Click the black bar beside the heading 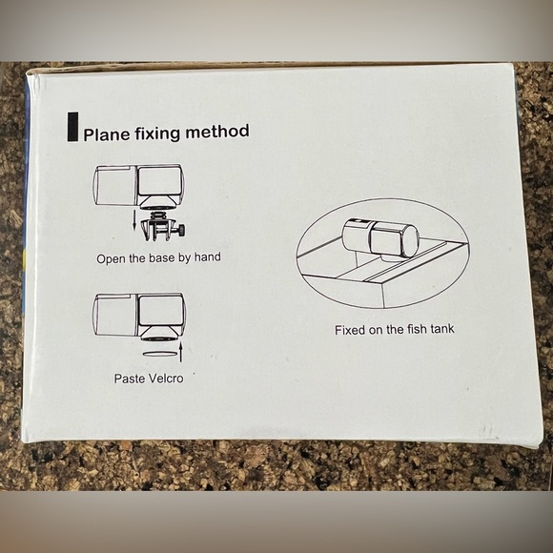pyautogui.click(x=72, y=127)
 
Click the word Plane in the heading pyautogui.click(x=107, y=134)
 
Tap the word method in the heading pyautogui.click(x=217, y=132)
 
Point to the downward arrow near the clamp pyautogui.click(x=134, y=219)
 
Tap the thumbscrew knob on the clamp pyautogui.click(x=182, y=231)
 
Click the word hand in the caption pyautogui.click(x=208, y=256)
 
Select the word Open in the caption pyautogui.click(x=111, y=259)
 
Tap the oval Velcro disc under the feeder pyautogui.click(x=160, y=353)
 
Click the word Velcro pyautogui.click(x=166, y=379)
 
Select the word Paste pyautogui.click(x=130, y=379)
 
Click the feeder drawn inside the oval pyautogui.click(x=380, y=238)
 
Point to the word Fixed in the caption pyautogui.click(x=350, y=330)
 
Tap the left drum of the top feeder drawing pyautogui.click(x=114, y=185)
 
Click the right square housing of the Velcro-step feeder pyautogui.click(x=160, y=311)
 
